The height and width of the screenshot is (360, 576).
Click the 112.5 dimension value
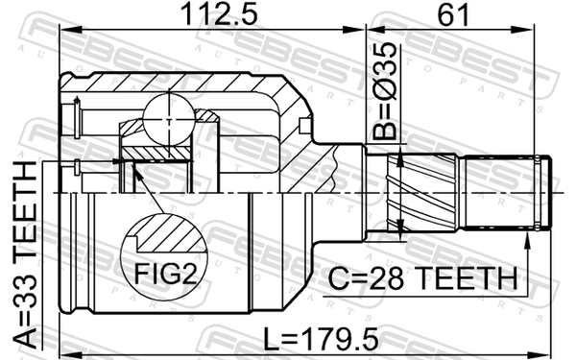coord(219,14)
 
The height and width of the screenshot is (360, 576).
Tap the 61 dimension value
coord(453,14)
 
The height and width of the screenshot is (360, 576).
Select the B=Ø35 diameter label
coord(385,91)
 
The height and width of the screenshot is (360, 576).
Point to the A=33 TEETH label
coord(25,254)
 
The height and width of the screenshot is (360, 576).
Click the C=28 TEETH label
coord(422,278)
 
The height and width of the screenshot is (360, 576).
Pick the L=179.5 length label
coord(322,340)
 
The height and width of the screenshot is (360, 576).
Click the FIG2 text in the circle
coord(166,273)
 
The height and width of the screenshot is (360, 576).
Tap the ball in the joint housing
coord(169,119)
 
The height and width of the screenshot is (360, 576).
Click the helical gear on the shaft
coord(422,193)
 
